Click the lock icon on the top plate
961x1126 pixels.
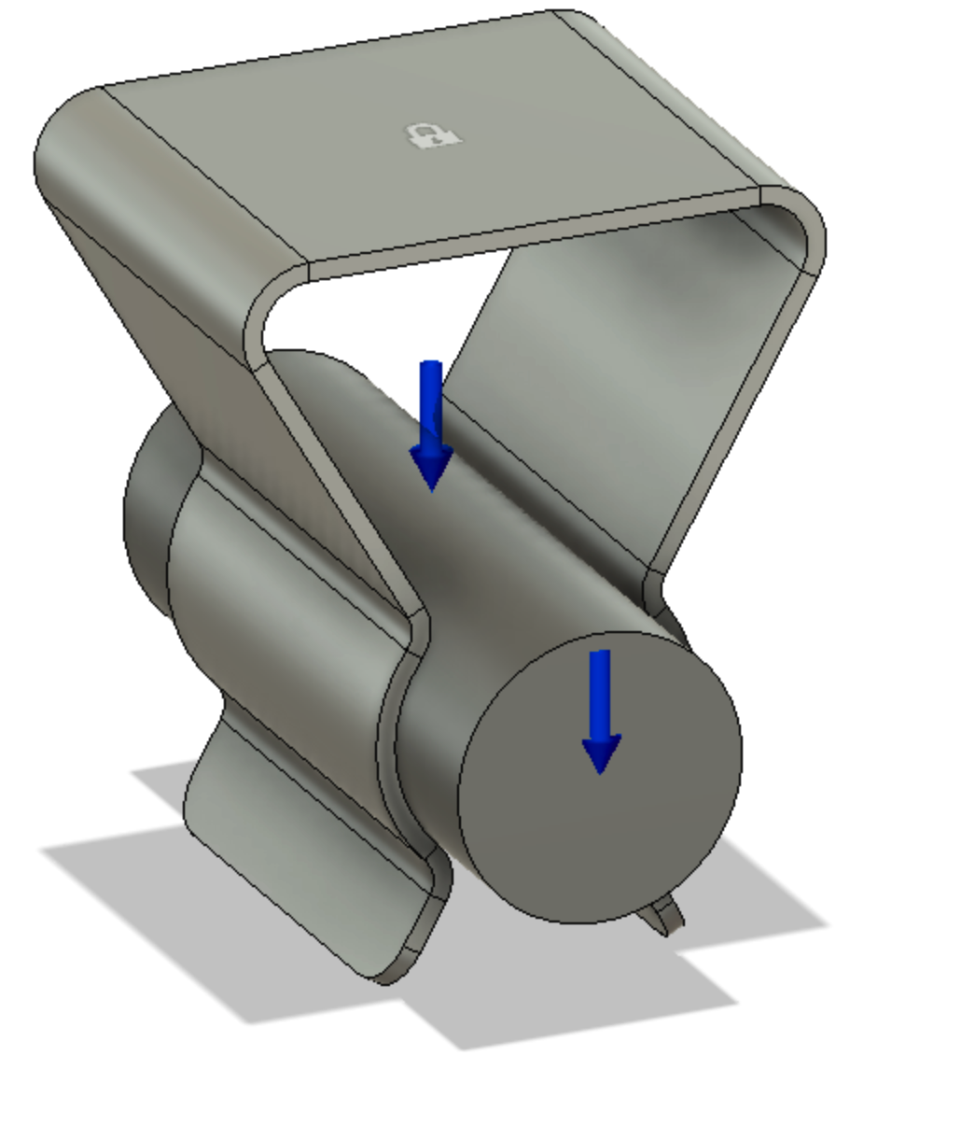(434, 136)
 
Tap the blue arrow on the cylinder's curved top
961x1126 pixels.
(430, 411)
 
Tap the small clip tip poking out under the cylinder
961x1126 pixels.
(668, 915)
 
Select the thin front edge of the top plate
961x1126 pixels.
(532, 234)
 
